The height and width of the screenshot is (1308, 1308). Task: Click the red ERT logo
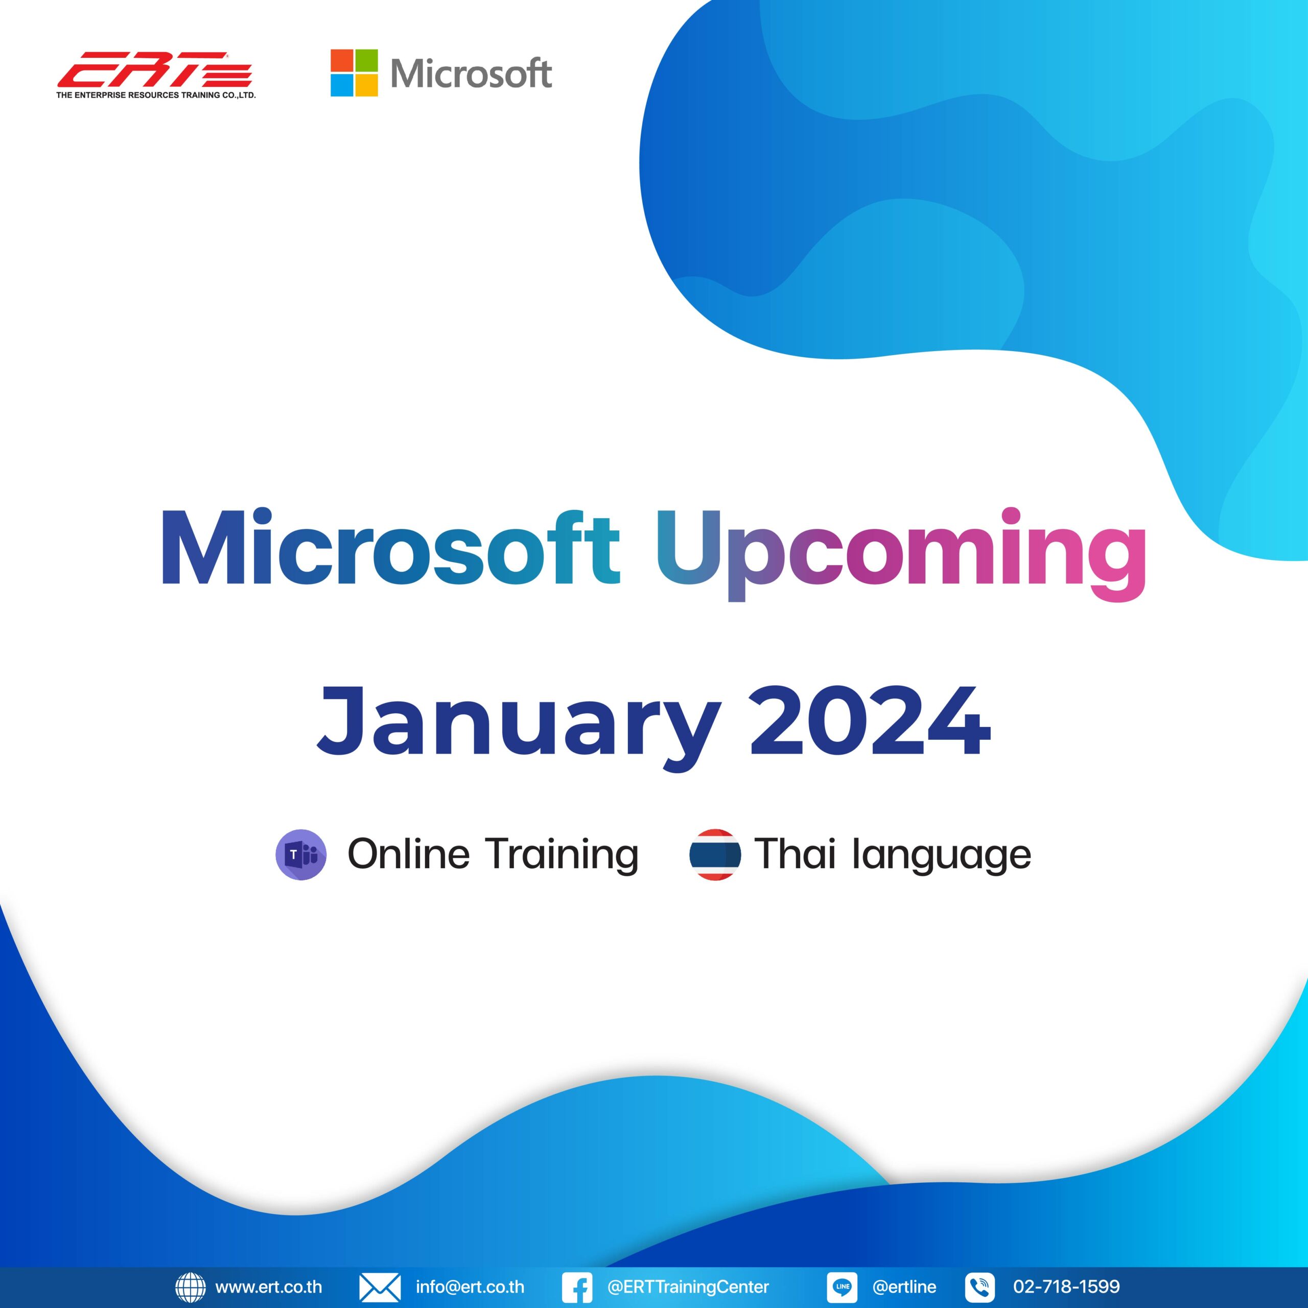pos(154,69)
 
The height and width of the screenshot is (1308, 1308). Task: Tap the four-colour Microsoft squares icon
pos(354,73)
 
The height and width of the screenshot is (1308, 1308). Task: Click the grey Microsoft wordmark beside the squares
pos(471,74)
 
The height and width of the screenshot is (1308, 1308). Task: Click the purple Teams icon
pos(301,854)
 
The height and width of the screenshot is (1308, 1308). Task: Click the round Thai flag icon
pos(715,854)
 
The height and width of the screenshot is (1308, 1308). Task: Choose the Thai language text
pos(892,854)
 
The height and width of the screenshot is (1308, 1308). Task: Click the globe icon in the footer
pos(190,1287)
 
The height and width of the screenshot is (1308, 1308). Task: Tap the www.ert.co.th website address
pos(269,1287)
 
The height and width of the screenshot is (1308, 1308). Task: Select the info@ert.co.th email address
pos(470,1287)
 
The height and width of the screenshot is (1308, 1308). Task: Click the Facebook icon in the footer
pos(577,1287)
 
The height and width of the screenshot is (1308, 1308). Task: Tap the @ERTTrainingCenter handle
pos(688,1287)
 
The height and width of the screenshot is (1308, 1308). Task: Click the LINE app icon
pos(842,1287)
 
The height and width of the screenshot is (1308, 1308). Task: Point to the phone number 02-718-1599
pos(1066,1287)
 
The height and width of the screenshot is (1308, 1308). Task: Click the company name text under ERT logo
pos(156,96)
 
